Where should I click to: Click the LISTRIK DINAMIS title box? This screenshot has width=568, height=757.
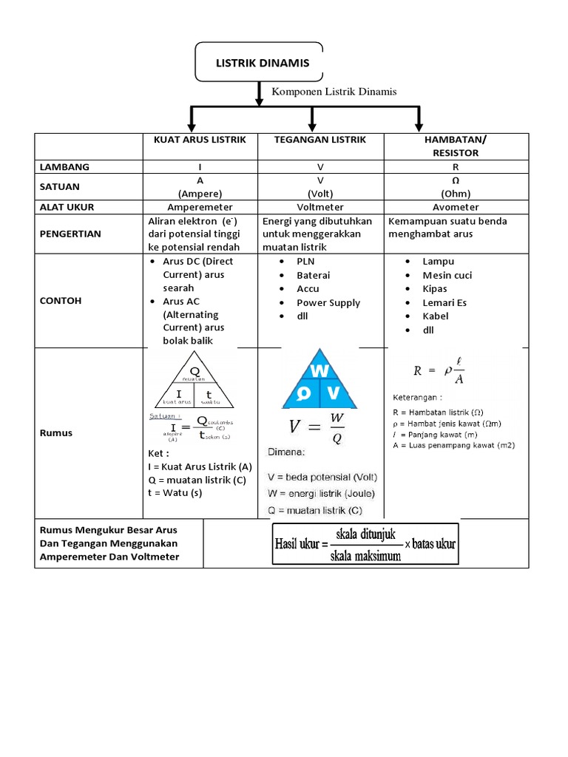262,63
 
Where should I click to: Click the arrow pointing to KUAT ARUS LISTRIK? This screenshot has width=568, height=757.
192,118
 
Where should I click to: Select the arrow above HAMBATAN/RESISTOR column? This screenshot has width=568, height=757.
419,118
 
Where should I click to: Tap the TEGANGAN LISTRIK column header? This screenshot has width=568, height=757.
320,140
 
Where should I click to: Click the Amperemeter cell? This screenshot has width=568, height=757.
200,207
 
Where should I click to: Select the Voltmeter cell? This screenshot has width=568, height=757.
320,207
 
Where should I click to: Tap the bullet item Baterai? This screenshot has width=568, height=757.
314,275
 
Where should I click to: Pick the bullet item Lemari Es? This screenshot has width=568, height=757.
444,302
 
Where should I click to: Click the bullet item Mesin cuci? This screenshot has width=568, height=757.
447,275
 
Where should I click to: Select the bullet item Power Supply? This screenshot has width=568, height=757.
328,302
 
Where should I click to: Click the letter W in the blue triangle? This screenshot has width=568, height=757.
319,370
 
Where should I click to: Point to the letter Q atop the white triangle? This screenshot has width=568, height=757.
195,371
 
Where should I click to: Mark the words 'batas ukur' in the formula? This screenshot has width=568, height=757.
433,544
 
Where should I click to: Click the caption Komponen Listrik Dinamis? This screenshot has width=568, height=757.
335,92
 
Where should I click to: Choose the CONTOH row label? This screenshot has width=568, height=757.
61,301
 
